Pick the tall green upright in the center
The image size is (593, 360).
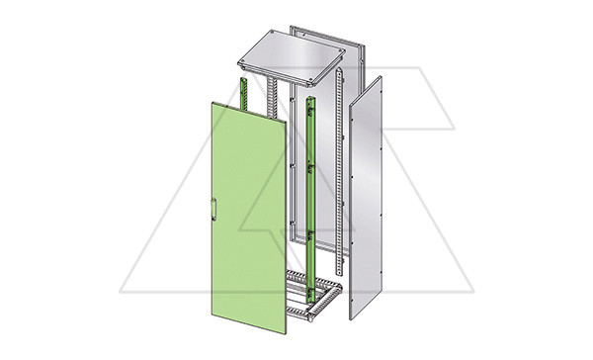point(312,188)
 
